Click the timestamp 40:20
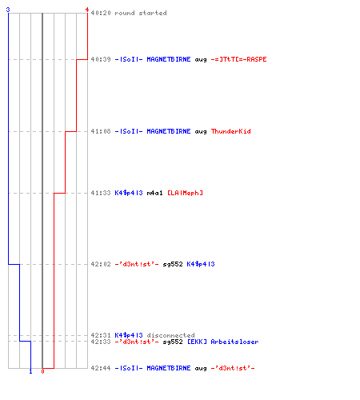click(x=101, y=13)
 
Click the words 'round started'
click(x=141, y=13)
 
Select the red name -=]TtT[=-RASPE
click(x=238, y=59)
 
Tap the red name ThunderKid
click(x=230, y=131)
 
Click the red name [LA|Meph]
click(x=185, y=193)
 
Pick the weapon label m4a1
click(x=154, y=193)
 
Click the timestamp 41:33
click(x=101, y=193)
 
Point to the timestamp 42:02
click(x=101, y=264)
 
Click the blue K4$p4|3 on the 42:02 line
click(x=201, y=264)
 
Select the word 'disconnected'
click(x=170, y=335)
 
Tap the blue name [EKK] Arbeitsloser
click(x=222, y=342)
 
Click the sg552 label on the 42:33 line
click(x=173, y=342)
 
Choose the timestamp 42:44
click(x=101, y=368)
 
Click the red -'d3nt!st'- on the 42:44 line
click(x=233, y=368)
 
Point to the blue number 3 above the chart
click(x=8, y=10)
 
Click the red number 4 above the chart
click(x=87, y=10)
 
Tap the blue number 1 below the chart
click(x=30, y=371)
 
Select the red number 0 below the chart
click(x=42, y=371)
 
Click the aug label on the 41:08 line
click(x=201, y=132)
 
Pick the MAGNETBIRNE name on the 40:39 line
click(x=169, y=59)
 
